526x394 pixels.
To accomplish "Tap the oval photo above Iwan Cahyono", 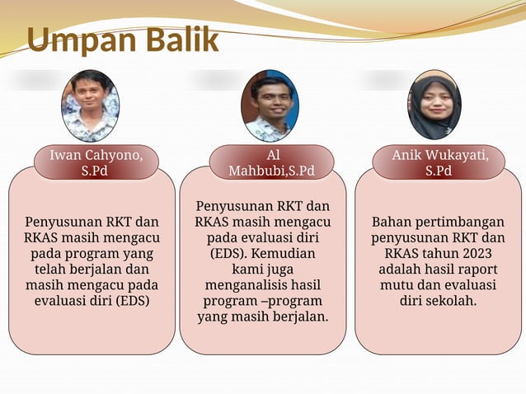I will click(90, 106).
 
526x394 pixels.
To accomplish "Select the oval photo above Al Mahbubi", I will click(270, 106).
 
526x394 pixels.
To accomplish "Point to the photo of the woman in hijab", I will click(434, 106).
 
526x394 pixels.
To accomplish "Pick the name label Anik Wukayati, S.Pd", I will click(439, 162).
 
